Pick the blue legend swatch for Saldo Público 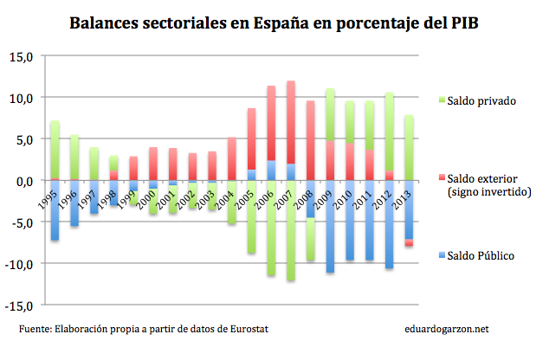point(441,256)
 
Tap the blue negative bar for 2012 point(390,225)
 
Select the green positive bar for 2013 point(409,147)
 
